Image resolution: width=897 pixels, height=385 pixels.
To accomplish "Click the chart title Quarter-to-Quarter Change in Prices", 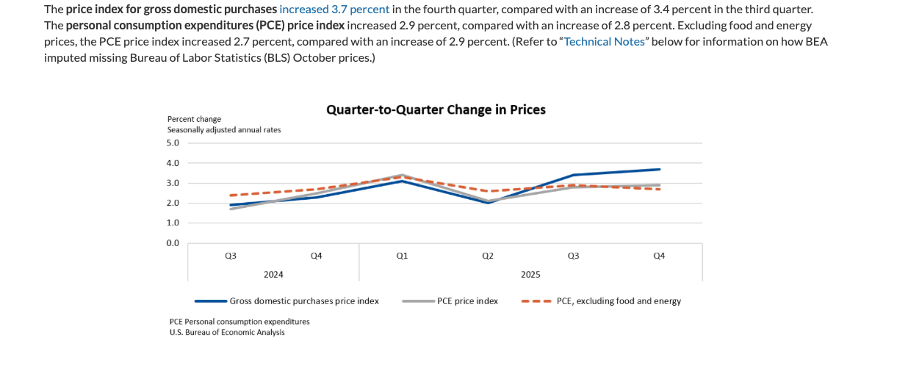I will click(436, 109).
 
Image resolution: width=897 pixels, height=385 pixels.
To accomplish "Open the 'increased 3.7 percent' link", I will click(334, 10).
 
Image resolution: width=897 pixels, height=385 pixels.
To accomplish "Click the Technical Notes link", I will click(604, 41).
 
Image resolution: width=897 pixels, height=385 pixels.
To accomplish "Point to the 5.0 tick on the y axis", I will click(173, 143).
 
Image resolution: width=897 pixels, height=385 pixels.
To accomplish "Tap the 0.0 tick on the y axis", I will click(173, 243).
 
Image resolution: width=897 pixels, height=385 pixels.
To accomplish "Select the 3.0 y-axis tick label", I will click(173, 183).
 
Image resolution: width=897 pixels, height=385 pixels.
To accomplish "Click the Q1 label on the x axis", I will click(402, 256).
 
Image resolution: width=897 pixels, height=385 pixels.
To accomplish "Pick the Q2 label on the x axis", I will click(488, 256).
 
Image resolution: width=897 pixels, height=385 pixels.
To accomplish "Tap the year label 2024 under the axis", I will click(273, 275).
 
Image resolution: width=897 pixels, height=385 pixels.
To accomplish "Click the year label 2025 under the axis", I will click(530, 275).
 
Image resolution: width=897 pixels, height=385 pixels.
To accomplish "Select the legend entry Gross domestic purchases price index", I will click(304, 301).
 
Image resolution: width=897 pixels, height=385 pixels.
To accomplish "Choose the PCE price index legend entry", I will click(467, 301).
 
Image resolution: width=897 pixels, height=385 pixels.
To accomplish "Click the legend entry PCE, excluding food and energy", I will click(619, 301).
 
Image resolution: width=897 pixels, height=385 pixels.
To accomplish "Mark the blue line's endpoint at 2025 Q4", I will click(659, 170).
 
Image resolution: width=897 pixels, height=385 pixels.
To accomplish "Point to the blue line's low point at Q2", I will click(488, 203).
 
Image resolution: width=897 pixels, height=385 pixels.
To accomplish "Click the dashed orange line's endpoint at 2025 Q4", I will click(659, 190).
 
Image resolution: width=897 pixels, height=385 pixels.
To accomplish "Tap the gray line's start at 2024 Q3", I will click(231, 209).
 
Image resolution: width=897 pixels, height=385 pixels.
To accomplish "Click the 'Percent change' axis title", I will click(194, 119).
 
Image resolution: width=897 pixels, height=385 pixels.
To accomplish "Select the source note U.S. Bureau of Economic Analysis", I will click(227, 332).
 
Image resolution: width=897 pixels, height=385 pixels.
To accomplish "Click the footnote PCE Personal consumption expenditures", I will click(239, 322).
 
